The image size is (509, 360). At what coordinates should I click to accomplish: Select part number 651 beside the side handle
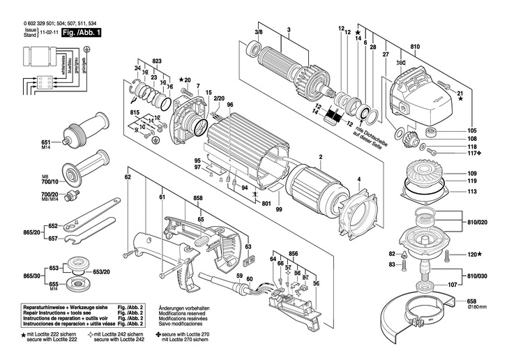(x=46, y=141)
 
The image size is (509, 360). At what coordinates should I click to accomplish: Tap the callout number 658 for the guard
(x=471, y=301)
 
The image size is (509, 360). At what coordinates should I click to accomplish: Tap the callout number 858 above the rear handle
(x=198, y=199)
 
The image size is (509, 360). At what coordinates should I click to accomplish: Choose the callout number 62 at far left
(x=128, y=178)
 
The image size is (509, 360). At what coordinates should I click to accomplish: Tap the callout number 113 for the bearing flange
(x=471, y=190)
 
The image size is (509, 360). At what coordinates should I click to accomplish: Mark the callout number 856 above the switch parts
(x=294, y=253)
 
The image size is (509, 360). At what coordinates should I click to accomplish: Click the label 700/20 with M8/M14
(x=49, y=195)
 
